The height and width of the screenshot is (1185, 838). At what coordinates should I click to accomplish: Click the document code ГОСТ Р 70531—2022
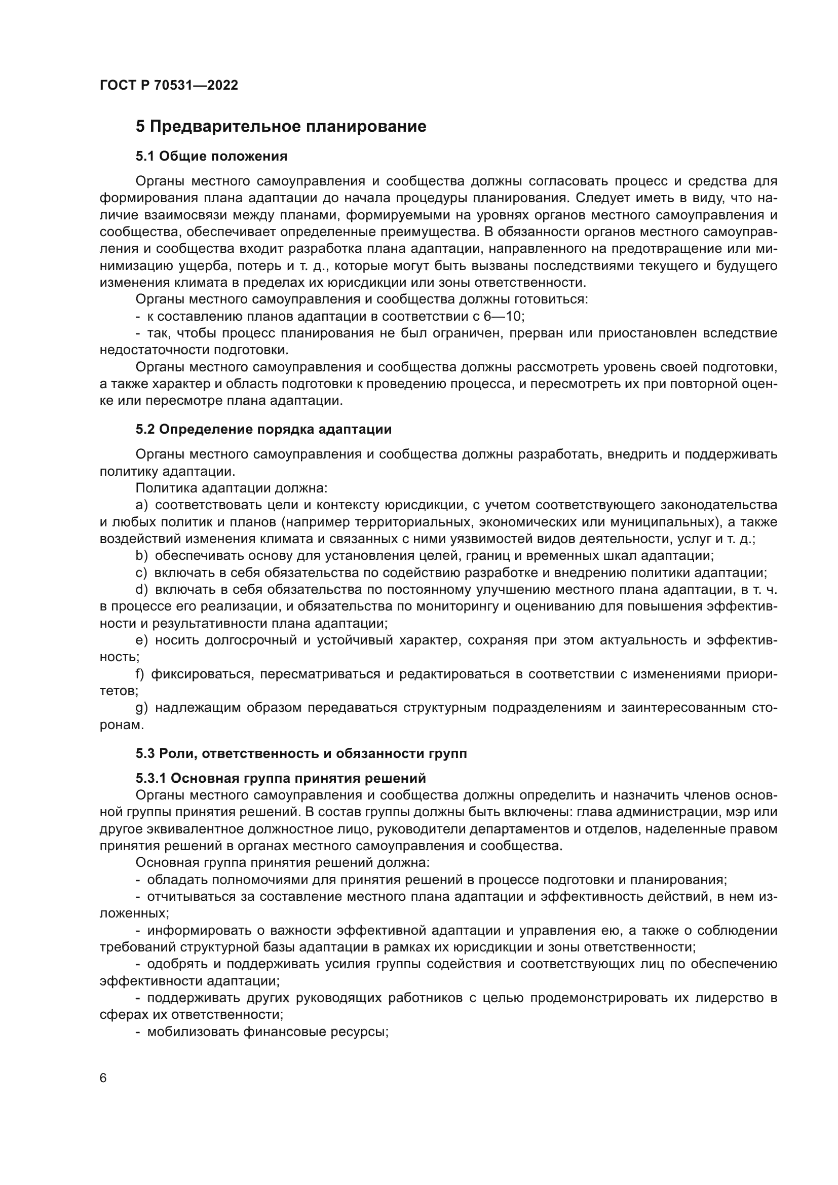point(169,86)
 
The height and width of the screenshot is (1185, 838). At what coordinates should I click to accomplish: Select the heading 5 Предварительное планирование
point(281,127)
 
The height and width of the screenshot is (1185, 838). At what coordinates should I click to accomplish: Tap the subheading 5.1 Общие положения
point(212,157)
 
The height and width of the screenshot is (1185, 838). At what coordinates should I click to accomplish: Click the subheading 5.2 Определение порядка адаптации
point(263,430)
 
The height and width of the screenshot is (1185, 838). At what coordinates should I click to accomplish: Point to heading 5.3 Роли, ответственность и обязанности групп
point(301,753)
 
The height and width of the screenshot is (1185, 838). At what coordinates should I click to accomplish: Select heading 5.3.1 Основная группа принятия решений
point(281,778)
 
